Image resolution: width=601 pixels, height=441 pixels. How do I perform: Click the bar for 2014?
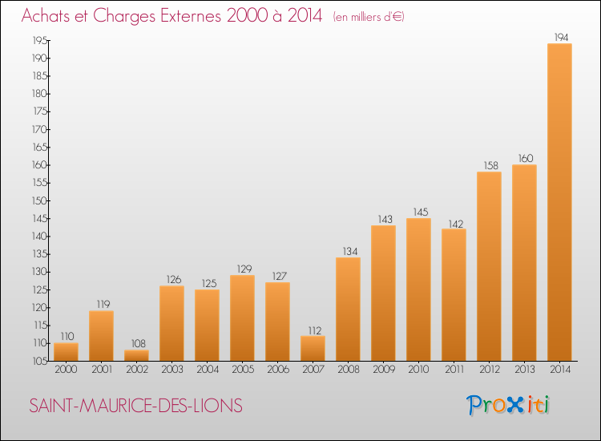tap(559, 202)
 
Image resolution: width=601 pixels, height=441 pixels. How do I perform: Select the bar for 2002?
tap(136, 355)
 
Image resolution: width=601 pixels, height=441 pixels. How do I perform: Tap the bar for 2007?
tap(313, 348)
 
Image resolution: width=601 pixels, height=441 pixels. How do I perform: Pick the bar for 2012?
tap(489, 266)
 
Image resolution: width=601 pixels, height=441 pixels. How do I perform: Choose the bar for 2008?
tap(348, 309)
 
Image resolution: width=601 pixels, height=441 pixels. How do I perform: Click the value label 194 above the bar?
tap(559, 37)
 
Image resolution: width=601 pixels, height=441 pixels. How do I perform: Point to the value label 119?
tap(101, 305)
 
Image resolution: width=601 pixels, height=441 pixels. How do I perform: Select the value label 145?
tap(418, 212)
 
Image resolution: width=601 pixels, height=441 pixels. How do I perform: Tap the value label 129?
tap(242, 269)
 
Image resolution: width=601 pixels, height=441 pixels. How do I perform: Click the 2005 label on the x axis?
tap(242, 369)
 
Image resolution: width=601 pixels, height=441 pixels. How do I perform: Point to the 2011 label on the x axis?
tap(454, 369)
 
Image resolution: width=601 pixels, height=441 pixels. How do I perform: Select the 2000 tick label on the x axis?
tap(66, 369)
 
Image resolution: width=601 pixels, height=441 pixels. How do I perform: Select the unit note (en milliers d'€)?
tap(369, 17)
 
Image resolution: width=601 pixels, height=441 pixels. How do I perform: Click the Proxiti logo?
tap(507, 405)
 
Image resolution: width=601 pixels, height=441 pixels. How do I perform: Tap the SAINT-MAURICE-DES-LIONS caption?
tap(135, 406)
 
